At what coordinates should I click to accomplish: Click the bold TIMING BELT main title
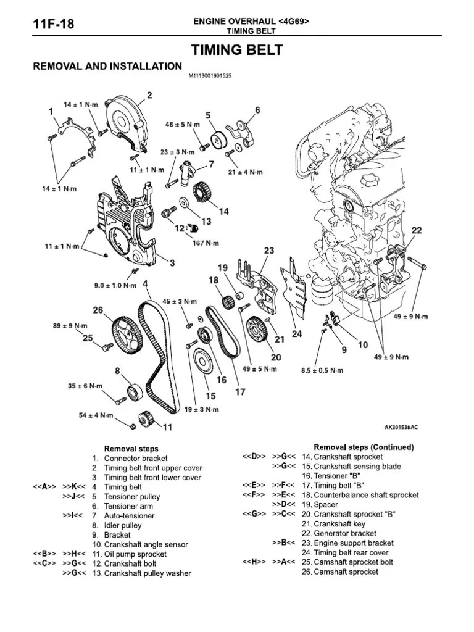point(238,51)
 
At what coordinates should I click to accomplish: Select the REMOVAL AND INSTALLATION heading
point(107,66)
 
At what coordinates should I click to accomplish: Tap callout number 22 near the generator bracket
point(417,230)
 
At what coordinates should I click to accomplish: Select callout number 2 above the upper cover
point(149,95)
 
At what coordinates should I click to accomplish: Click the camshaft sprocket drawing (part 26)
point(127,333)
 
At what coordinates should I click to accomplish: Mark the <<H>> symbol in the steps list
point(254,562)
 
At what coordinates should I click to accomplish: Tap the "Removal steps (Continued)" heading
point(364,447)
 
